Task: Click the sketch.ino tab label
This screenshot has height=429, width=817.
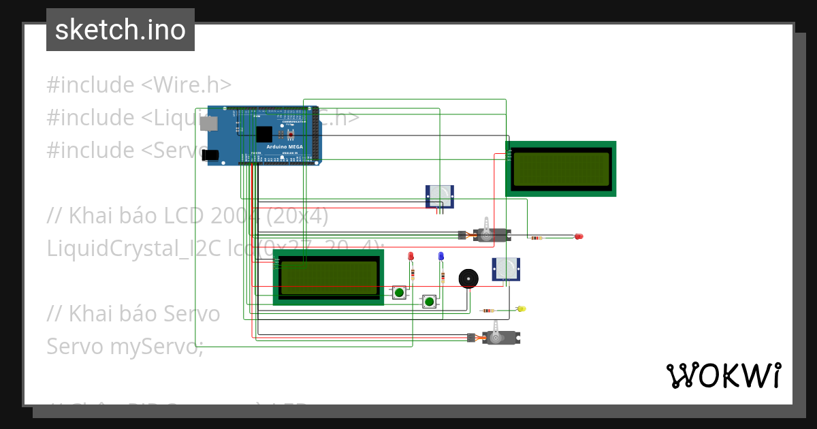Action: tap(121, 30)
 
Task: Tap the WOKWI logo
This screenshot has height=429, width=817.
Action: tap(723, 375)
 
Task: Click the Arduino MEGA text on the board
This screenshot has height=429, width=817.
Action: tap(285, 147)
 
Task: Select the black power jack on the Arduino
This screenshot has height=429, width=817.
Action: tap(212, 155)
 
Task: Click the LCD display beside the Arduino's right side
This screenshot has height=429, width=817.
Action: tap(561, 169)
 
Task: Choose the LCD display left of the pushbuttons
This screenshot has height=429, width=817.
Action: tap(329, 277)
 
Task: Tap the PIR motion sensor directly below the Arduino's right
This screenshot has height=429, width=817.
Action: tap(439, 197)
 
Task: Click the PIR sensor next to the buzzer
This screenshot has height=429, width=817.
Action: tap(506, 269)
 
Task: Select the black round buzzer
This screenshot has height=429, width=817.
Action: tap(468, 279)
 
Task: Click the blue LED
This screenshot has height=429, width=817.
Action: tap(440, 256)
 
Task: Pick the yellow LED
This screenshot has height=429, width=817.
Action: tap(522, 309)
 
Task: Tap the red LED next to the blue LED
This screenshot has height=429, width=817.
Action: tap(411, 256)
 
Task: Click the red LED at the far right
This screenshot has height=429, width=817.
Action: tap(579, 236)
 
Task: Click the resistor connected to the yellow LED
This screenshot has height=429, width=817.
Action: tap(488, 311)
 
